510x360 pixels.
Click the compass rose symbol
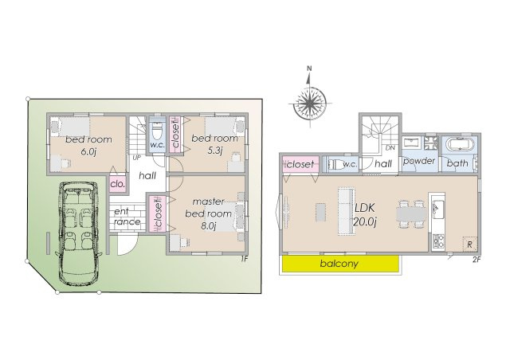308,101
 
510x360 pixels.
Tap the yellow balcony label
339,263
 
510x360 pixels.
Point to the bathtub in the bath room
458,146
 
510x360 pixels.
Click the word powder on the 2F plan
418,162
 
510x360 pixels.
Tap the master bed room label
209,208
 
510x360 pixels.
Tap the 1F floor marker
245,258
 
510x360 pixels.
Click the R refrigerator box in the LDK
470,243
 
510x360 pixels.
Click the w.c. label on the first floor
157,145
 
